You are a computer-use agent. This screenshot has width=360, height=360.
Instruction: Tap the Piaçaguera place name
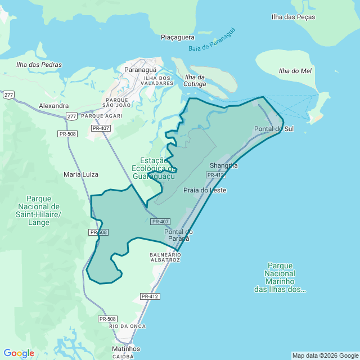pos(177,37)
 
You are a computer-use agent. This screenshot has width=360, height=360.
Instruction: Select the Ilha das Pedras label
pos(39,65)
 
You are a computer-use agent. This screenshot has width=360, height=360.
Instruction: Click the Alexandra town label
pos(54,105)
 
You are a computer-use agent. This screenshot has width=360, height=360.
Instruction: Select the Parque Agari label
pos(102,116)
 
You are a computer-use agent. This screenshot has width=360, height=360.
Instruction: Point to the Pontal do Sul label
pos(274,129)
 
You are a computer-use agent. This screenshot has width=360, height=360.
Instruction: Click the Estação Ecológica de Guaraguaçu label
pos(154,168)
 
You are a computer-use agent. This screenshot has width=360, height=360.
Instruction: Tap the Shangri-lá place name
pos(224,165)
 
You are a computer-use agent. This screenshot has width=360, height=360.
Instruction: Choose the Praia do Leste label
pos(205,190)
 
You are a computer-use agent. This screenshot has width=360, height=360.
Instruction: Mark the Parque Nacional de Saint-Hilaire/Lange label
pos(41,210)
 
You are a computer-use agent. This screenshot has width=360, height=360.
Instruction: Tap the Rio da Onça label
pos(128,326)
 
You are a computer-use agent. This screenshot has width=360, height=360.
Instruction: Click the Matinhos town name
pos(126,349)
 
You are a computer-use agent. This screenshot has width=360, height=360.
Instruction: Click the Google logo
pos(19,353)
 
